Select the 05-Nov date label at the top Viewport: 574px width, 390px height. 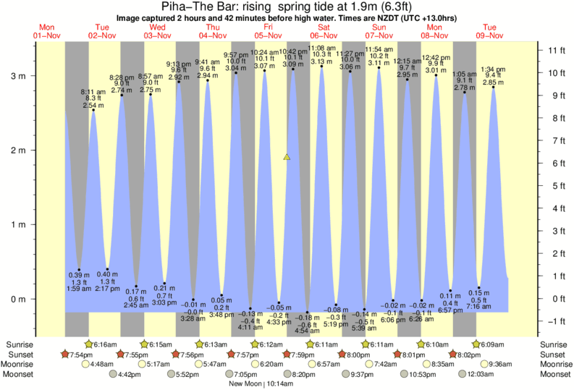pyautogui.click(x=268, y=35)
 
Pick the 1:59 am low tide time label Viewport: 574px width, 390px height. pyautogui.click(x=79, y=289)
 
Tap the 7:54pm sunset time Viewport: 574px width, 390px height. pyautogui.click(x=82, y=355)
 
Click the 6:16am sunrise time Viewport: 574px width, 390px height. pyautogui.click(x=105, y=344)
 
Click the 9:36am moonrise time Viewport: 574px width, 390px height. pyautogui.click(x=502, y=364)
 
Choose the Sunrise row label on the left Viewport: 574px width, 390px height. pyautogui.click(x=19, y=344)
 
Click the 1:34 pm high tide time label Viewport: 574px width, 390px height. pyautogui.click(x=494, y=69)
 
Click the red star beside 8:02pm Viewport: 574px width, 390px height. pyautogui.click(x=452, y=355)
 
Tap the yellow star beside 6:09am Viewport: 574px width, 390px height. pyautogui.click(x=477, y=344)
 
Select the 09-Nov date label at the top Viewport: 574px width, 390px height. pyautogui.click(x=489, y=35)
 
